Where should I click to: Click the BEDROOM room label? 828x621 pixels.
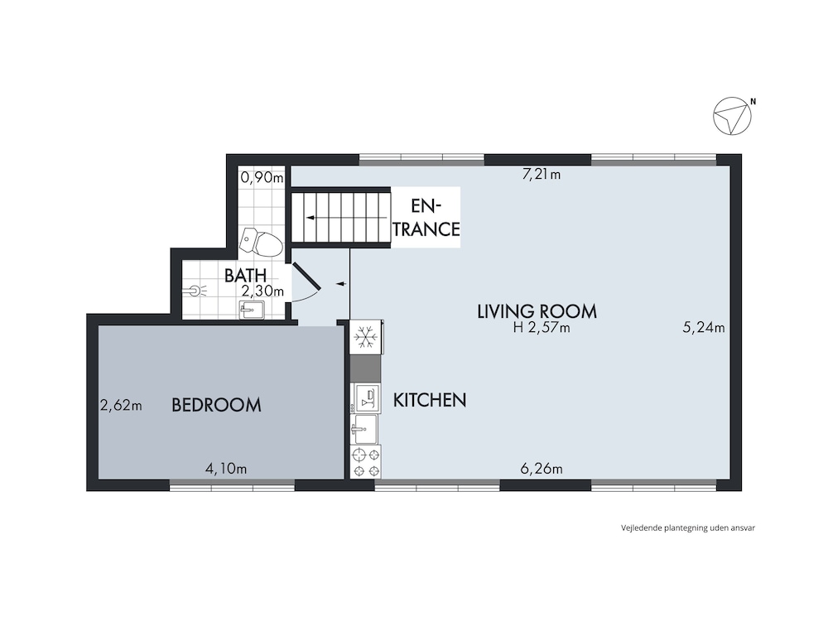click(x=216, y=405)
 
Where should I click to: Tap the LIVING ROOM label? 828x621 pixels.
click(x=537, y=311)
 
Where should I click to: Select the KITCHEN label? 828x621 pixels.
click(x=430, y=400)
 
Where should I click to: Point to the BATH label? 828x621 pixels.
click(x=245, y=275)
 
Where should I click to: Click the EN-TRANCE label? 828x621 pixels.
click(x=426, y=218)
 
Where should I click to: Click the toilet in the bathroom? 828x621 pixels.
click(x=261, y=243)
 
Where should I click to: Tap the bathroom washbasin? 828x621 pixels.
click(x=253, y=310)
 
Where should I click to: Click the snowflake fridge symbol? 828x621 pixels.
click(x=364, y=337)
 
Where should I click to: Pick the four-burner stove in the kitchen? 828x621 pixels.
click(x=365, y=462)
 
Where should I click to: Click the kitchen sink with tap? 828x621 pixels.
click(x=364, y=428)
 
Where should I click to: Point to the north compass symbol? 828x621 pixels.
click(x=733, y=116)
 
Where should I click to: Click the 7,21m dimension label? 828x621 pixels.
click(x=542, y=174)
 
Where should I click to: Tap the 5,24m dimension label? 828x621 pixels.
click(x=703, y=327)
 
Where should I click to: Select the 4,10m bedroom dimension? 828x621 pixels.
click(x=226, y=469)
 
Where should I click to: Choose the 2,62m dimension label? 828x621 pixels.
click(x=121, y=406)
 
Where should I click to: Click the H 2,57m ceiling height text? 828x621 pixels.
click(x=542, y=328)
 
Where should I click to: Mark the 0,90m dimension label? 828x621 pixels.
click(x=262, y=177)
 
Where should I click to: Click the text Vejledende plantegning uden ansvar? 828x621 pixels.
click(x=688, y=527)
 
